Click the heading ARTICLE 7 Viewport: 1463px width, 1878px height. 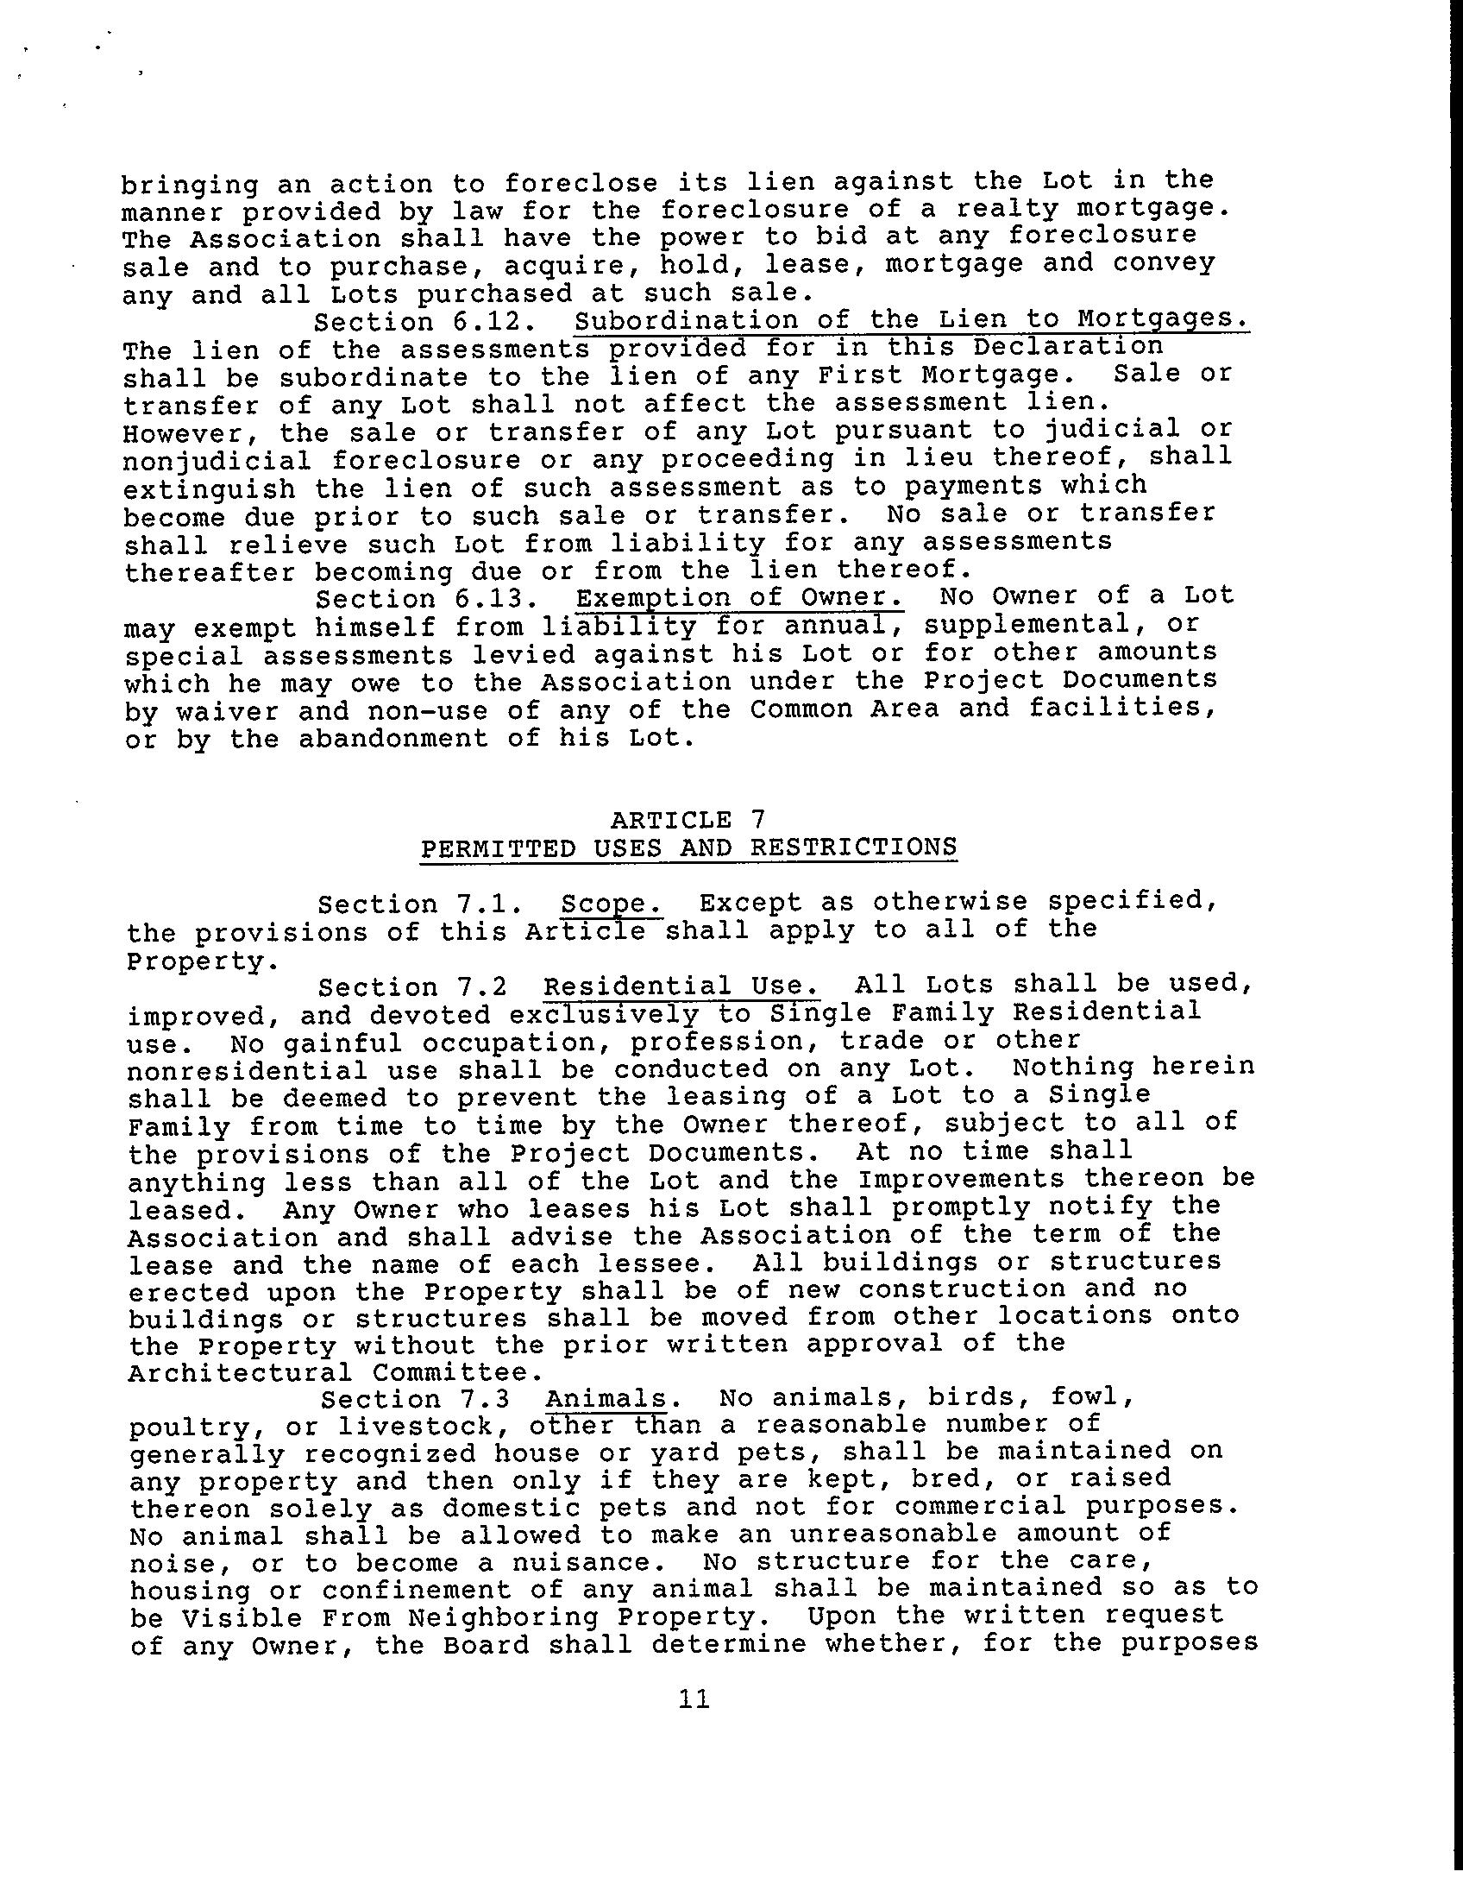coord(688,819)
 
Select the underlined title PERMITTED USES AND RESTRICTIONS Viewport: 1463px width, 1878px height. coord(688,848)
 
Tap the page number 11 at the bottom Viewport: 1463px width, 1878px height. coord(694,1698)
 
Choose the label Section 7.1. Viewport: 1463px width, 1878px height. coord(420,904)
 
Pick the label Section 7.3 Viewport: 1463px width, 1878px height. coord(413,1398)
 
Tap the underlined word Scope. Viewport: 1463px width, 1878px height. coord(612,904)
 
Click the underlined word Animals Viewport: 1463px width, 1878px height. coord(607,1398)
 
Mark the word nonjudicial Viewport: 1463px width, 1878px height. coord(217,461)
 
